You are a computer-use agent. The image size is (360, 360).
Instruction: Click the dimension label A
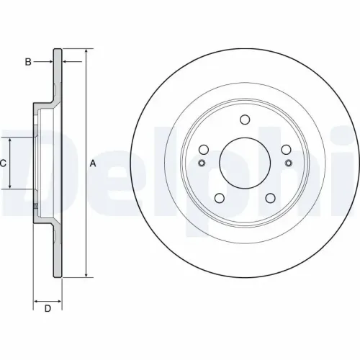tap(93, 163)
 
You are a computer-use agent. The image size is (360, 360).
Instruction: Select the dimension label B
tap(28, 63)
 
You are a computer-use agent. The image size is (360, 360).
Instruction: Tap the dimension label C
tap(3, 163)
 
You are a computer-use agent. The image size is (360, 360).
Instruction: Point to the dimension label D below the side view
tap(48, 310)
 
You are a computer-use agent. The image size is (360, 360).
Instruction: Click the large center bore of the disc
tap(245, 163)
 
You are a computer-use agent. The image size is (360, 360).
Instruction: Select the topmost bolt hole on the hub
tap(245, 121)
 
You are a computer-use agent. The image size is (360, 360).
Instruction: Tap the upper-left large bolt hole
tap(204, 149)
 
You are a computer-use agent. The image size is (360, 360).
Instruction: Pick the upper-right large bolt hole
tap(286, 149)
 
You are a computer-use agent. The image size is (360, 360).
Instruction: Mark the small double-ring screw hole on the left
tap(201, 163)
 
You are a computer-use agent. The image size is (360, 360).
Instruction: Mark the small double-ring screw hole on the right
tap(289, 163)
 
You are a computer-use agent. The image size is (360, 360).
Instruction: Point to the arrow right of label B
tap(50, 63)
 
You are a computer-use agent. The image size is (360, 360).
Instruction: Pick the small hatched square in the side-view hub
tap(36, 209)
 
